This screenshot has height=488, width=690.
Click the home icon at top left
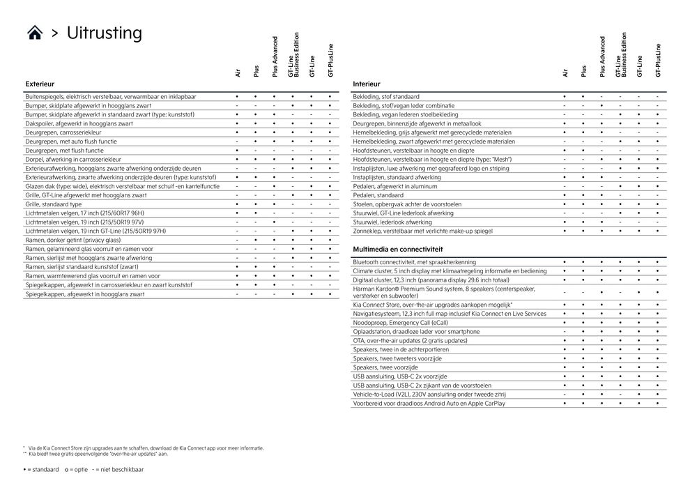pyautogui.click(x=34, y=33)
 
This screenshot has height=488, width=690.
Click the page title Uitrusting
pyautogui.click(x=104, y=33)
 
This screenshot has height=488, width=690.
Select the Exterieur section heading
pyautogui.click(x=40, y=84)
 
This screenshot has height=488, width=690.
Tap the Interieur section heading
pyautogui.click(x=367, y=84)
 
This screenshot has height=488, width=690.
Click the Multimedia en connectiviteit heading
pyautogui.click(x=398, y=249)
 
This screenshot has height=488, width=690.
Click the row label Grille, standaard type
pyautogui.click(x=54, y=204)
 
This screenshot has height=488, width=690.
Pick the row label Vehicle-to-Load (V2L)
pyautogui.click(x=418, y=395)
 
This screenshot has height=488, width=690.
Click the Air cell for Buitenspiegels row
pyautogui.click(x=238, y=96)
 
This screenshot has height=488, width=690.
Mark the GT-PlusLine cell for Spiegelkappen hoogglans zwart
pyautogui.click(x=330, y=294)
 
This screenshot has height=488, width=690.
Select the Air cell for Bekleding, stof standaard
pyautogui.click(x=565, y=96)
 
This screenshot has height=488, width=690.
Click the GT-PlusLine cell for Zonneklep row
pyautogui.click(x=657, y=231)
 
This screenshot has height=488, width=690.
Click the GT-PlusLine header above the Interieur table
pyautogui.click(x=657, y=60)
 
